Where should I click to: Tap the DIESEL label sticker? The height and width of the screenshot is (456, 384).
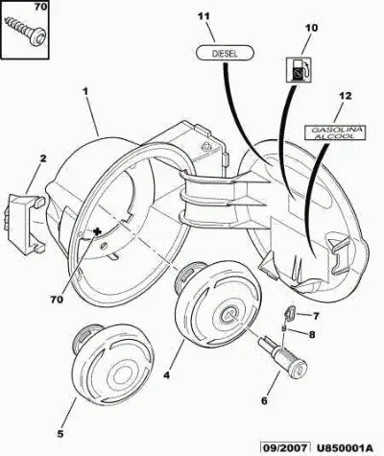(225, 53)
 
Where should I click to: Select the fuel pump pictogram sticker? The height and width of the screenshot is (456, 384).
(298, 70)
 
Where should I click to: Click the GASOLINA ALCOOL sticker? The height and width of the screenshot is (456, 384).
(334, 132)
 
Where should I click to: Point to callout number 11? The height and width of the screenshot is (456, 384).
(204, 16)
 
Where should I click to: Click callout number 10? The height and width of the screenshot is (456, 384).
(311, 28)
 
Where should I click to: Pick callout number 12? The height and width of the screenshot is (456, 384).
(346, 96)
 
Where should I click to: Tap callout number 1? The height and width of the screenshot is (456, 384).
(85, 91)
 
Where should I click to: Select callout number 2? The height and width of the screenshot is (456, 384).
(43, 158)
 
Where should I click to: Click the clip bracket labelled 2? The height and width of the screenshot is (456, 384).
(24, 223)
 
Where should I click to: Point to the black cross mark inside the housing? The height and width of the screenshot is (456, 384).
(96, 231)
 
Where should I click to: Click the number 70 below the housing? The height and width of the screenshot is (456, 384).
(57, 300)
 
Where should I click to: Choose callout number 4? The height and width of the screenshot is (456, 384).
(166, 375)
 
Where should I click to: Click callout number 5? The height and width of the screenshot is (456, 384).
(60, 434)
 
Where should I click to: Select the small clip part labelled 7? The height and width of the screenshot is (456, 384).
(290, 311)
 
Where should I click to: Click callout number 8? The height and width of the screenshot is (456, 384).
(312, 335)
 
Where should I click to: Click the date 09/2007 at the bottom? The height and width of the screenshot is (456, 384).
(285, 447)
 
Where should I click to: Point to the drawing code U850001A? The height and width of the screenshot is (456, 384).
(346, 447)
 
